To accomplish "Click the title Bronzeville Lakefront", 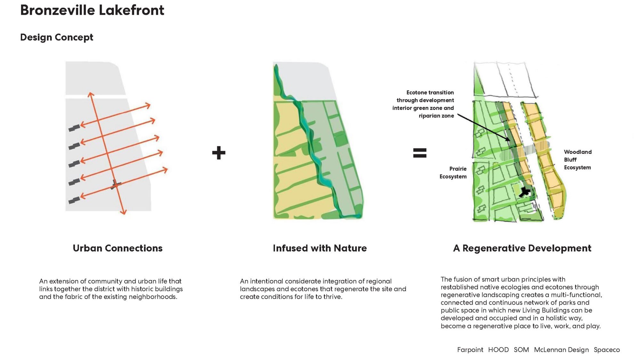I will (92, 10).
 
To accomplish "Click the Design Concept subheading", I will (57, 37).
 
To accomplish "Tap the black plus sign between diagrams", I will (219, 153).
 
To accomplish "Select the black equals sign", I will (420, 153).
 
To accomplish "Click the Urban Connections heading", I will (117, 248).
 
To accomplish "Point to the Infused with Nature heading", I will (320, 248).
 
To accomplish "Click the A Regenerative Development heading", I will (522, 248).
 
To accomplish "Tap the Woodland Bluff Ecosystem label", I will (577, 160).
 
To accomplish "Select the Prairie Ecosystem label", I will (453, 172).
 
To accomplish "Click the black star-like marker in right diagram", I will (524, 192).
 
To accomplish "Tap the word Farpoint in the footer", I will (470, 350).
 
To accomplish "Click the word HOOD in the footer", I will (498, 350).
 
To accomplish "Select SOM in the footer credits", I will (521, 350).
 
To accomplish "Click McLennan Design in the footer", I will (561, 350).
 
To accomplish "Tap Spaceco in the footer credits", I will (607, 350).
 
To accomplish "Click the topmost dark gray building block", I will (74, 128).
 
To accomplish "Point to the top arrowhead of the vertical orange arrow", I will (91, 94).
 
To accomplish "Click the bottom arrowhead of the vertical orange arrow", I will (124, 212).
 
